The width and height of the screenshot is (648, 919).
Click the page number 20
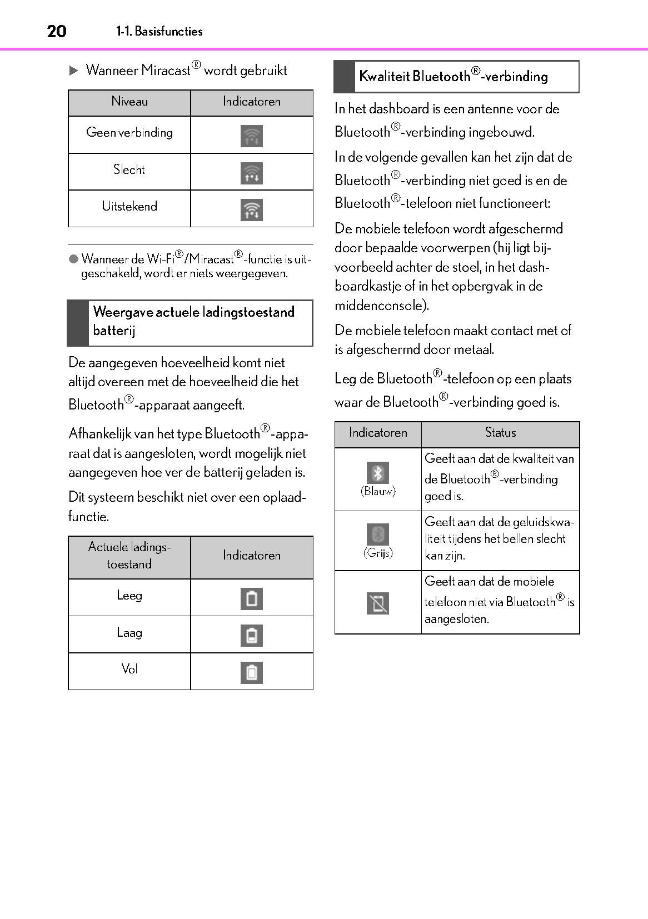pyautogui.click(x=57, y=31)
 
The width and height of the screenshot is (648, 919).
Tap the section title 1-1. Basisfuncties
pyautogui.click(x=159, y=31)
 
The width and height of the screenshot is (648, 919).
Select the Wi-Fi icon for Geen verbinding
pyautogui.click(x=252, y=136)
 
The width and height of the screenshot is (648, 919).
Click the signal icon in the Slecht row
pyautogui.click(x=252, y=173)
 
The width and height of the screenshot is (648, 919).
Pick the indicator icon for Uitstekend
pyautogui.click(x=252, y=210)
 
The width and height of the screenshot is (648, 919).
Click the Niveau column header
pyautogui.click(x=129, y=102)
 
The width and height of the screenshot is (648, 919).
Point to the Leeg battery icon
pyautogui.click(x=252, y=598)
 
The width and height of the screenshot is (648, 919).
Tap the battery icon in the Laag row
pyautogui.click(x=252, y=635)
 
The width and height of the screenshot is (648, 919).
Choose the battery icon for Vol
pyautogui.click(x=252, y=672)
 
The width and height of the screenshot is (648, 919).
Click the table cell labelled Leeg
pyautogui.click(x=129, y=596)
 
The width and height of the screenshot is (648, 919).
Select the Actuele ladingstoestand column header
pyautogui.click(x=129, y=556)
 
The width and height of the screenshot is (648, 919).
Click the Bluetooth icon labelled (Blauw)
pyautogui.click(x=378, y=473)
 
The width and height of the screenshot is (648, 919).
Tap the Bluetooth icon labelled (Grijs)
pyautogui.click(x=378, y=535)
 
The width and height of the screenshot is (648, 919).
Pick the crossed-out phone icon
pyautogui.click(x=378, y=603)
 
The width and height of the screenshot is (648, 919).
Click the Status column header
pyautogui.click(x=500, y=433)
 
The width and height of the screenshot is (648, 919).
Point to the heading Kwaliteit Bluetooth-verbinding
pyautogui.click(x=453, y=76)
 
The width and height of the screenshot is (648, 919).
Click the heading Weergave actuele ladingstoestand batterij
pyautogui.click(x=193, y=321)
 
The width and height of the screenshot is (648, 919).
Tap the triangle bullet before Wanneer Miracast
pyautogui.click(x=73, y=71)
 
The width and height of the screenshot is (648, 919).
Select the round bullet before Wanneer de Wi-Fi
pyautogui.click(x=73, y=259)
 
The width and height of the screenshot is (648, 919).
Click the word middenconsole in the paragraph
pyautogui.click(x=380, y=305)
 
